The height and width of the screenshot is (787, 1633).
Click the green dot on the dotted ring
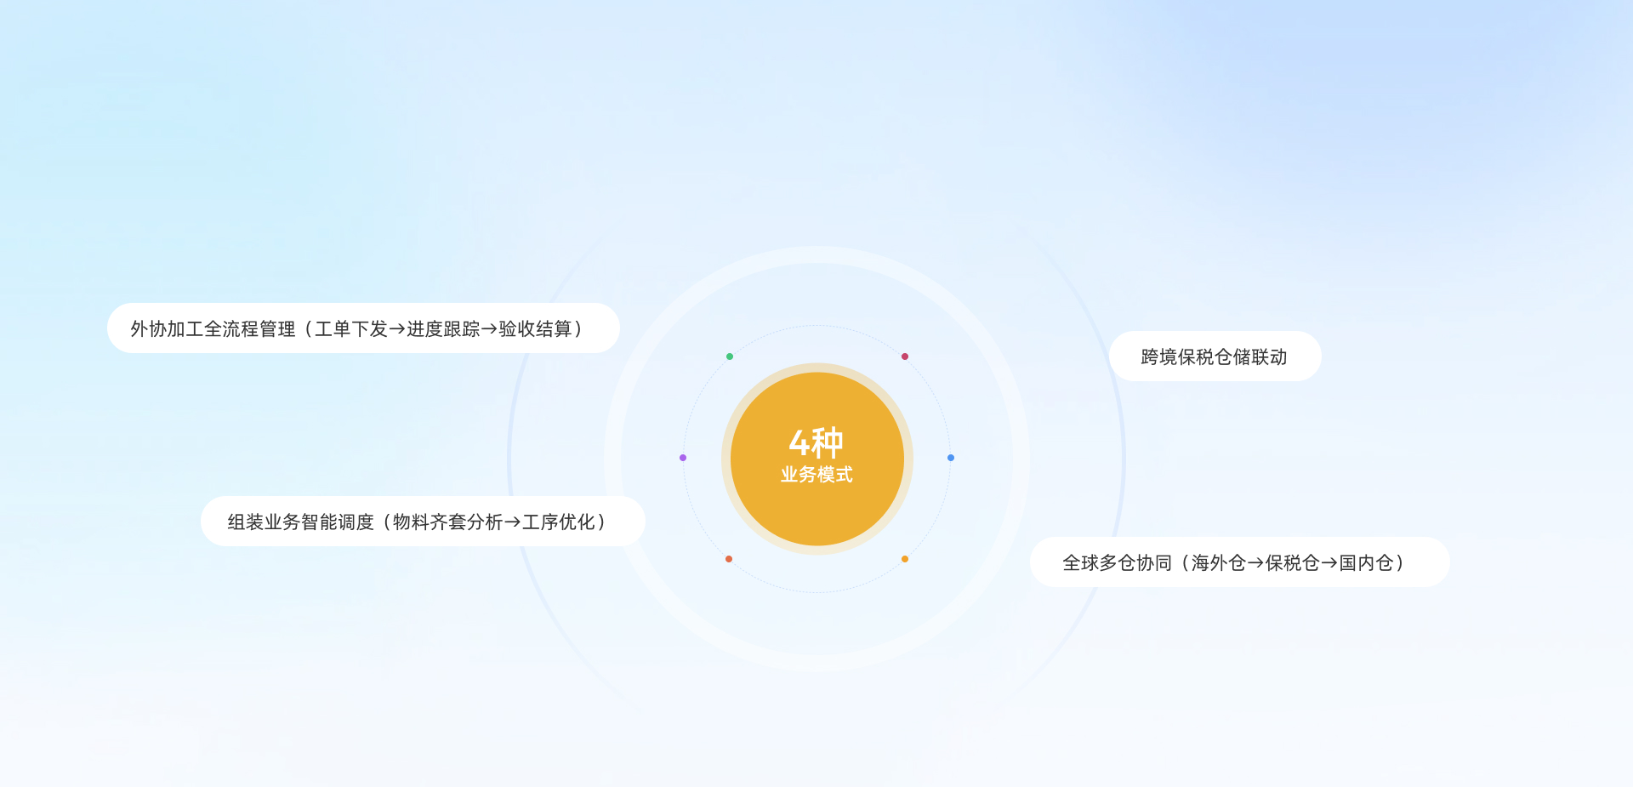coord(730,356)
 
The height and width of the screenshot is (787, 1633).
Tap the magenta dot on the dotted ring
coord(905,356)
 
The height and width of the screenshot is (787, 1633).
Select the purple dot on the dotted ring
coord(683,458)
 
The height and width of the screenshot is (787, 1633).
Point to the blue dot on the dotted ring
coord(951,458)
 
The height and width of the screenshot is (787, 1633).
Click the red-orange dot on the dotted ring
coord(729,559)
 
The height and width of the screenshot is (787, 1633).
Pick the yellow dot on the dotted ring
coord(905,559)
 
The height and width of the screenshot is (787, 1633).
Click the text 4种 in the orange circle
coord(816,442)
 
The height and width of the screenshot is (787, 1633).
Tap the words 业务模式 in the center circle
coord(816,475)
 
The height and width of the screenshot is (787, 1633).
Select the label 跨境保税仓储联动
coord(1214,357)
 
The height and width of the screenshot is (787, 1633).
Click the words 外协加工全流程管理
coord(213,329)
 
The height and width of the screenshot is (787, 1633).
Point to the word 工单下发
coord(351,329)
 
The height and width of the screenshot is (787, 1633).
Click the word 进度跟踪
coord(443,329)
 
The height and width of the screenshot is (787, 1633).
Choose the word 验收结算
coord(535,329)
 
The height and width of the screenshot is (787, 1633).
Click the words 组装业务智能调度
coord(300,522)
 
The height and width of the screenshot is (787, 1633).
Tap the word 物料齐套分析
coord(448,522)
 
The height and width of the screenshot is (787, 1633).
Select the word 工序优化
coord(559,522)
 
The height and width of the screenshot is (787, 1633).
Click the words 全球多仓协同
coord(1117,563)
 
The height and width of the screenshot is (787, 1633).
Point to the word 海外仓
coord(1219,563)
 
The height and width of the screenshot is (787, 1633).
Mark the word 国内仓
coord(1366,563)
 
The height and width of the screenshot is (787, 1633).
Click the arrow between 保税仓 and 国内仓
coord(1329,563)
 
